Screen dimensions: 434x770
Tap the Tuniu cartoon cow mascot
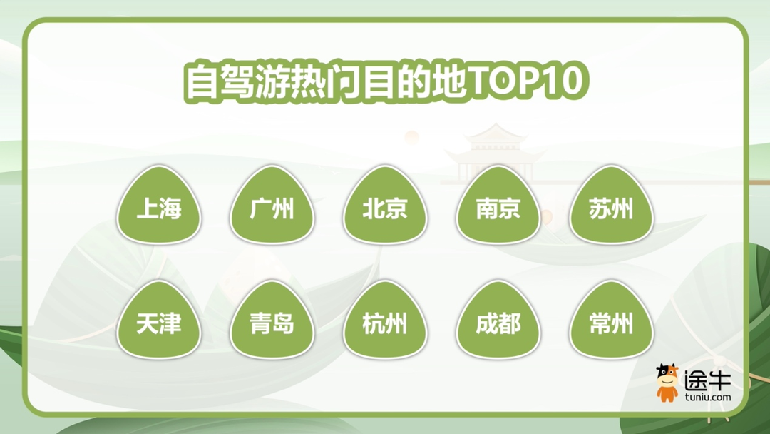tap(667, 383)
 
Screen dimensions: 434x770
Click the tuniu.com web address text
tap(707, 398)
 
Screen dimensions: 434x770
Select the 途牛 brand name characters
tap(707, 379)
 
